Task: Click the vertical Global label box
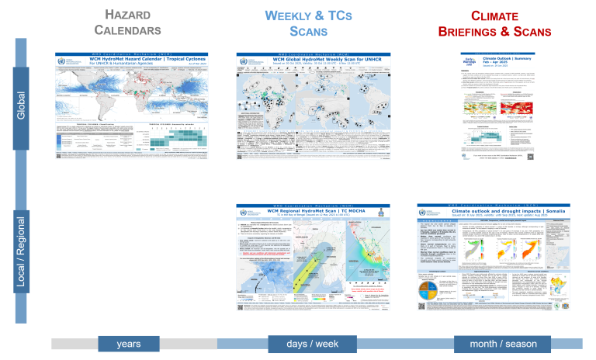tap(21, 106)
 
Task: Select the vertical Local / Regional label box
tap(21, 256)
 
